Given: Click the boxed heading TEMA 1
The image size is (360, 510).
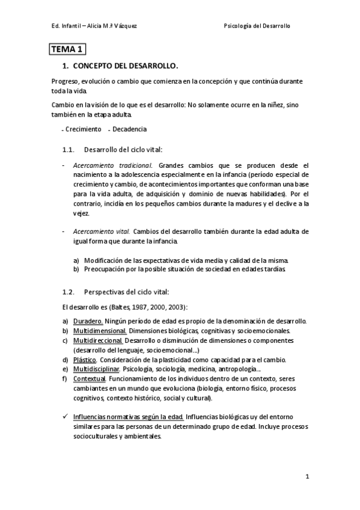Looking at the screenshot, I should tap(69, 50).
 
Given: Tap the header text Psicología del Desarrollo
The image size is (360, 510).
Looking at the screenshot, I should tap(264, 26).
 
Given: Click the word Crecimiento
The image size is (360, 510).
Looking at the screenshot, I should tap(84, 129).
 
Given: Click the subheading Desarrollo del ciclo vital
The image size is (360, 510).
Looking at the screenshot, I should tap(123, 149).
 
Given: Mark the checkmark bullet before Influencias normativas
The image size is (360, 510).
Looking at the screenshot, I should tap(65, 416).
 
